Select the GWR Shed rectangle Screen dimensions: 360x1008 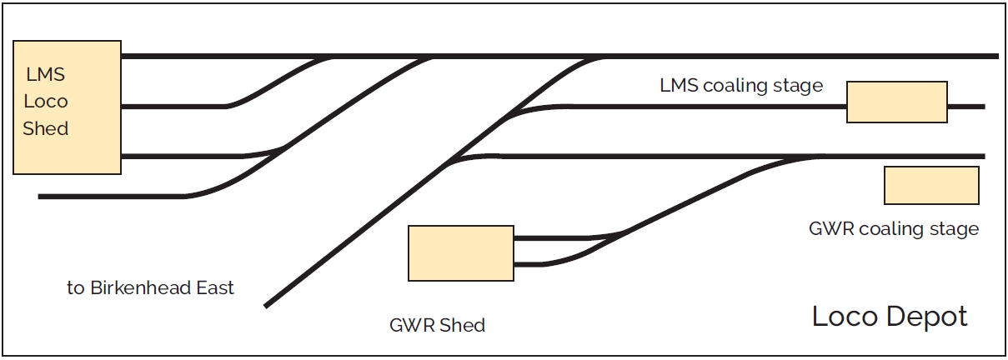pos(460,252)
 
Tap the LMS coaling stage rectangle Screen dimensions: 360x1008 pos(896,102)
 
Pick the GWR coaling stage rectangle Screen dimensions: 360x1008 pos(930,185)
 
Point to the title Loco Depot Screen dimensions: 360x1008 pos(890,317)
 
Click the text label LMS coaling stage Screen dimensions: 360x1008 pos(741,86)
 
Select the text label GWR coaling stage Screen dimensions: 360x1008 pos(893,228)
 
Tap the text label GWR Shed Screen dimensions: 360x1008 pos(437,325)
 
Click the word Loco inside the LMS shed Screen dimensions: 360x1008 pos(46,102)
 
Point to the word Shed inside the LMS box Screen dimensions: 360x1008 pos(46,129)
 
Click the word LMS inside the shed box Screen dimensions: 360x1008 pos(45,75)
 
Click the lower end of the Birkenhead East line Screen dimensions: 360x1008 pos(267,305)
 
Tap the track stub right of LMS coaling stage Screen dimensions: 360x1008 pos(967,107)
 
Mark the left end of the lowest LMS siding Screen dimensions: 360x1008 pos(42,197)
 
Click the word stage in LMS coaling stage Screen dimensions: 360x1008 pos(799,86)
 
